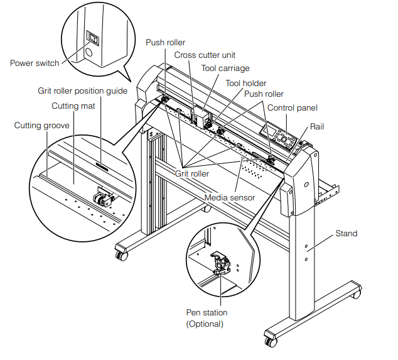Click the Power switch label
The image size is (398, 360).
tap(35, 63)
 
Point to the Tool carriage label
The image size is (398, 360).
tap(225, 68)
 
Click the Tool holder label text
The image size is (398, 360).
tap(245, 83)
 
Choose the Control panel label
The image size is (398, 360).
tap(292, 108)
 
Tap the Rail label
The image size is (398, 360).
tap(318, 126)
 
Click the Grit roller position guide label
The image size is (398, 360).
tap(82, 91)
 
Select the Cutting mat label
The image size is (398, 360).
tap(73, 106)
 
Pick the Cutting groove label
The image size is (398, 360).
tap(42, 126)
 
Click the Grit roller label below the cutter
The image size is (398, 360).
tap(192, 173)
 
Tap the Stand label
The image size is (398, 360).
tap(346, 234)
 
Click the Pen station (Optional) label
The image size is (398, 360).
tap(207, 318)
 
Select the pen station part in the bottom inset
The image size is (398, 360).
tap(222, 265)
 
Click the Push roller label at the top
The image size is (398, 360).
tap(165, 43)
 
